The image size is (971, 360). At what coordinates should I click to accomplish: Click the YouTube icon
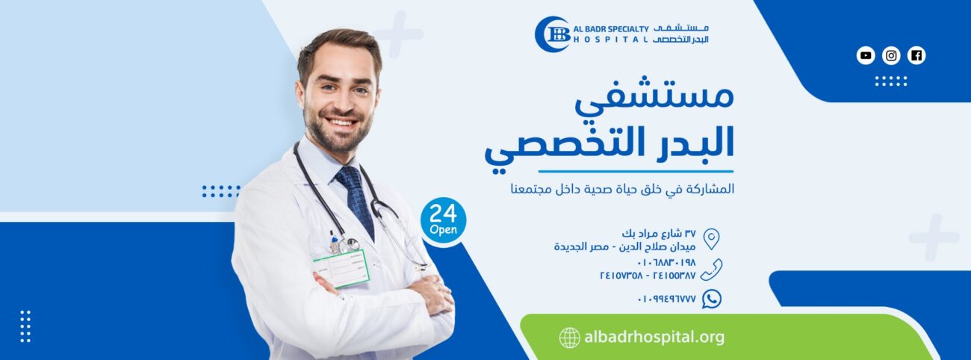(866, 55)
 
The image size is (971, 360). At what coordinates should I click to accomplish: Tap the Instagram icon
(891, 55)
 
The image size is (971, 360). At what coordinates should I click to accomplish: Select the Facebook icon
(916, 55)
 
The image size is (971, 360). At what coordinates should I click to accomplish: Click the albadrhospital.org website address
(654, 337)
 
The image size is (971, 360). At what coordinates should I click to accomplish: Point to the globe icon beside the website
(570, 338)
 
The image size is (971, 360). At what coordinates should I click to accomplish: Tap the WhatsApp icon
(712, 299)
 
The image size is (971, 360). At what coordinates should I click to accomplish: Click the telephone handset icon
(711, 270)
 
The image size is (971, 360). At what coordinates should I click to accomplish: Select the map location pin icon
(711, 239)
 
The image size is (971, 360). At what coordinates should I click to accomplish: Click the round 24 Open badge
(443, 220)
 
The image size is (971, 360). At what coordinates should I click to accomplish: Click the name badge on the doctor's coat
(341, 269)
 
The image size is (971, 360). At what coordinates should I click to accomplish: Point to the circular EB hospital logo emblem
(553, 34)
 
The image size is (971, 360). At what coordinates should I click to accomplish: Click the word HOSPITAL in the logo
(611, 40)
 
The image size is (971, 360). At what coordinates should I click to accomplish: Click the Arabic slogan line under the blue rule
(622, 189)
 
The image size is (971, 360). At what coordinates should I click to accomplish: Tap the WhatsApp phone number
(667, 299)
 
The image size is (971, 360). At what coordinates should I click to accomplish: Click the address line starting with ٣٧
(659, 234)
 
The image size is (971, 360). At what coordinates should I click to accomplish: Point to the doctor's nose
(341, 101)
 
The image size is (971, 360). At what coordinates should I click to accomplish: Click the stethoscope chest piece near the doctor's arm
(350, 245)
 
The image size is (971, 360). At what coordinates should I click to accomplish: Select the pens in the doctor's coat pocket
(334, 240)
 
